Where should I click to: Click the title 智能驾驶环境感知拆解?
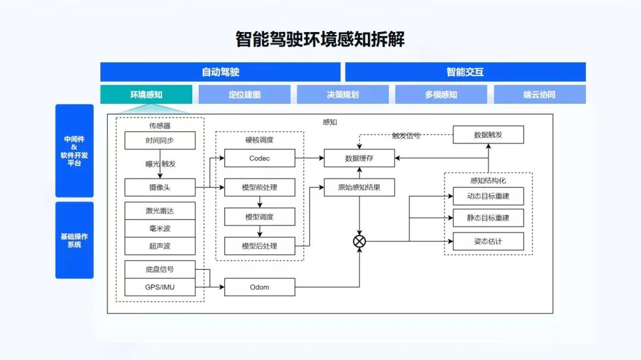tap(320, 39)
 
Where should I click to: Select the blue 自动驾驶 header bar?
tap(220, 72)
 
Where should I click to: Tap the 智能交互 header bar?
tap(465, 72)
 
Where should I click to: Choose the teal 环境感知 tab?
tap(147, 94)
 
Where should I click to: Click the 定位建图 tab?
tap(245, 94)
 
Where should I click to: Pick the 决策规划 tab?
tap(342, 94)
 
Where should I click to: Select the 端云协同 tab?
tap(540, 94)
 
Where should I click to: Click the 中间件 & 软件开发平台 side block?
tap(74, 151)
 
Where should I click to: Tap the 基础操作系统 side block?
tap(74, 240)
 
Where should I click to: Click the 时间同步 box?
tap(160, 141)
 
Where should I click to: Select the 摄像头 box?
tap(160, 187)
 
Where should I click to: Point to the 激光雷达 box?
tap(160, 211)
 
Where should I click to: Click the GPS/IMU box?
tap(160, 287)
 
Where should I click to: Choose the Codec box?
tap(259, 158)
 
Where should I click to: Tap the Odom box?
tap(259, 287)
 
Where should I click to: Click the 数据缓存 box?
tap(359, 158)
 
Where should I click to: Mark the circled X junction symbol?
tap(359, 241)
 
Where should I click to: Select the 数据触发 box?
tap(488, 135)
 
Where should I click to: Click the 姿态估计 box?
tap(488, 241)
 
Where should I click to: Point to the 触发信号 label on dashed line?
tap(406, 136)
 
